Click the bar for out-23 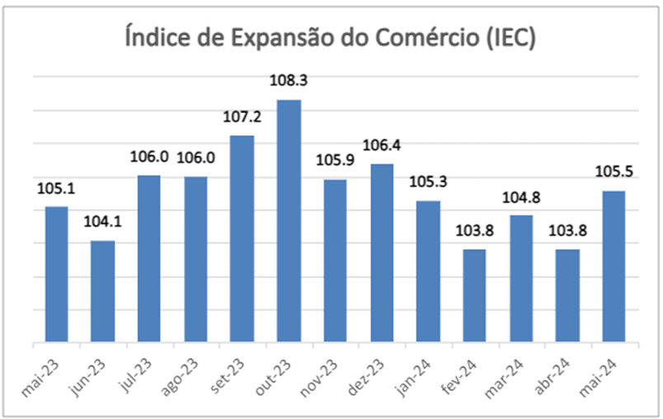(x=289, y=221)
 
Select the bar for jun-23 (x=103, y=291)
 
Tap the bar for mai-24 (x=614, y=266)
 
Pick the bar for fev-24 (x=475, y=295)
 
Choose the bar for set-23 (x=242, y=238)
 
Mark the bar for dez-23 (x=382, y=252)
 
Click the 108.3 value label (x=289, y=82)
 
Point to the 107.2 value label (x=242, y=117)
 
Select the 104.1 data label (x=103, y=223)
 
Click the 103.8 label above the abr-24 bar (x=567, y=232)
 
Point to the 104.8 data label (x=521, y=198)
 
